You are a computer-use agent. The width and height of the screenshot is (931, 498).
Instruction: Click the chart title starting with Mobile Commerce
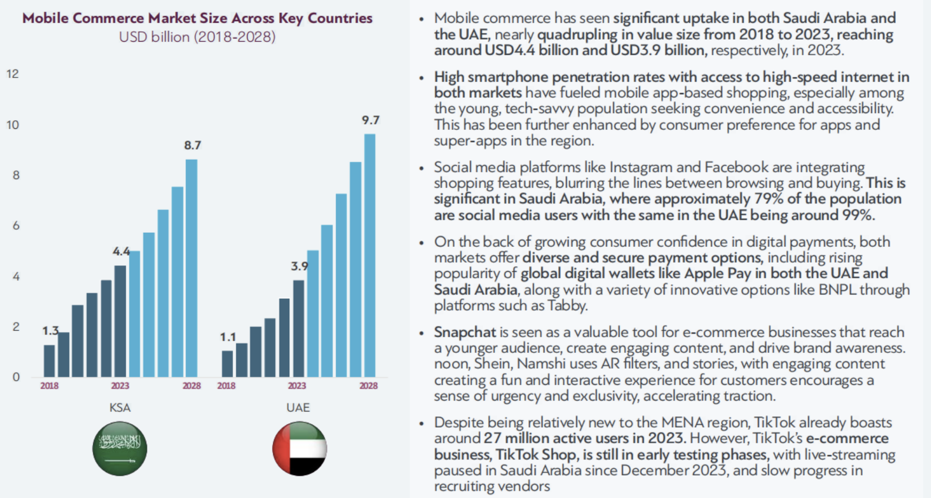pyautogui.click(x=197, y=18)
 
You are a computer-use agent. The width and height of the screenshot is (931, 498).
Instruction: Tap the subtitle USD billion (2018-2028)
pyautogui.click(x=197, y=37)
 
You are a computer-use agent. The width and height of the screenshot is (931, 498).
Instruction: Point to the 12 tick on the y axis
pyautogui.click(x=12, y=74)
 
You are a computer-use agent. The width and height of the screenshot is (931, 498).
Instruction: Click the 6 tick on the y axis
pyautogui.click(x=16, y=225)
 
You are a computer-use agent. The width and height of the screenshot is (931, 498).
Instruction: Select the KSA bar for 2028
pyautogui.click(x=191, y=268)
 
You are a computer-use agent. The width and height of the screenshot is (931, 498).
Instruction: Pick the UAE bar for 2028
pyautogui.click(x=370, y=255)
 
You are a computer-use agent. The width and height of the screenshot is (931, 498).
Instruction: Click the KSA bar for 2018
pyautogui.click(x=49, y=361)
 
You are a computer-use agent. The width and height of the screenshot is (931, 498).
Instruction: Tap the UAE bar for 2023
pyautogui.click(x=299, y=329)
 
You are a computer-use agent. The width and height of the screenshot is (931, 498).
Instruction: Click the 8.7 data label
pyautogui.click(x=192, y=145)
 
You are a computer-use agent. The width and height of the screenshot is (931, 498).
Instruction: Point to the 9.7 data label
pyautogui.click(x=371, y=120)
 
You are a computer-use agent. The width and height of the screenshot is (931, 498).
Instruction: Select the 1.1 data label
pyautogui.click(x=228, y=337)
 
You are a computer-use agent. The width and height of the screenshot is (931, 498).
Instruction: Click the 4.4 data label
pyautogui.click(x=121, y=251)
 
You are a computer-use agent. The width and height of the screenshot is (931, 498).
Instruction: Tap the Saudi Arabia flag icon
pyautogui.click(x=120, y=449)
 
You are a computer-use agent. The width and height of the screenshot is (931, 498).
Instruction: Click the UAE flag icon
pyautogui.click(x=300, y=449)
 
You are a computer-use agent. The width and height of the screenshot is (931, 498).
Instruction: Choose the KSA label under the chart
pyautogui.click(x=120, y=408)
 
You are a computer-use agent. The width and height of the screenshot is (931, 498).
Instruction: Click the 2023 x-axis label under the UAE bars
pyautogui.click(x=297, y=385)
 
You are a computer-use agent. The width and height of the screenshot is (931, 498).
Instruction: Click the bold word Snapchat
pyautogui.click(x=465, y=332)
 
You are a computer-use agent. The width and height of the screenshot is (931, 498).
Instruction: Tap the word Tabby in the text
pyautogui.click(x=567, y=306)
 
